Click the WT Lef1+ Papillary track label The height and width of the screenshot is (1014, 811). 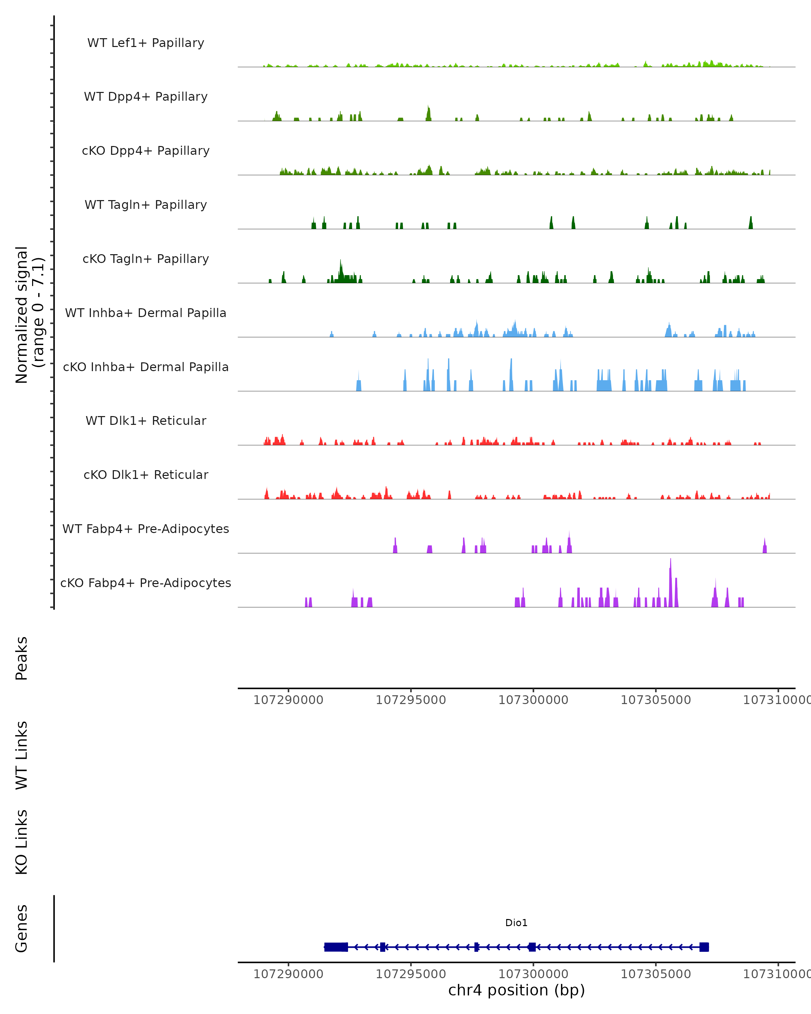pos(146,43)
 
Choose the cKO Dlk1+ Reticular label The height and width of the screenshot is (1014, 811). pos(146,475)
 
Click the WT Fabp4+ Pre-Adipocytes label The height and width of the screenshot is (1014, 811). pos(146,529)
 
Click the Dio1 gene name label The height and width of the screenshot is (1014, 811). pos(516,923)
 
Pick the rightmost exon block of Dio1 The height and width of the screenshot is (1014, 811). pos(704,947)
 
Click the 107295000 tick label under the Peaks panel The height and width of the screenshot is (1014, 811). pos(411,700)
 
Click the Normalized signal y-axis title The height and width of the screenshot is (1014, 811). pos(29,314)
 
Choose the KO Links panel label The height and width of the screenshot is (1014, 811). pos(22,842)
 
